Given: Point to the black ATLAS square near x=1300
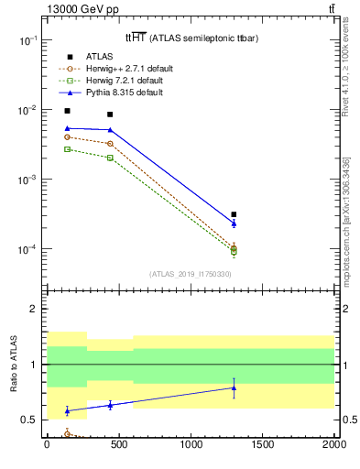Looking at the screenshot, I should [234, 214].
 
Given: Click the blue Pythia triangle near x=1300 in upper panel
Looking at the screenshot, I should [234, 223].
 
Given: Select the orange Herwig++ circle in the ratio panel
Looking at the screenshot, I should [68, 434].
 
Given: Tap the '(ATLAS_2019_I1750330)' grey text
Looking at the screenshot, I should [190, 274].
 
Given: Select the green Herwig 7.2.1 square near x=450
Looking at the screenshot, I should [110, 158].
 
